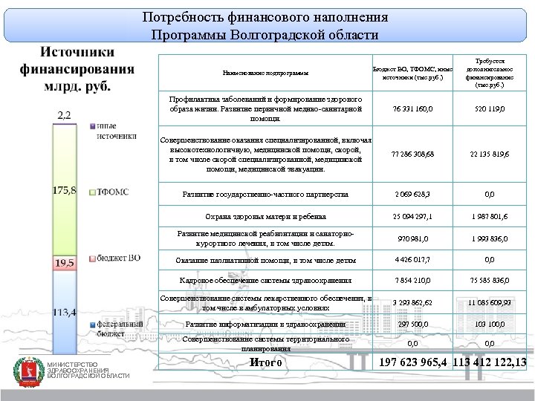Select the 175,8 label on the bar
64,191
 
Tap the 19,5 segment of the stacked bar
64,263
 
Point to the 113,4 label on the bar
64,312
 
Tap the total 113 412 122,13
491,362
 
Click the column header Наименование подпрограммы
265,73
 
